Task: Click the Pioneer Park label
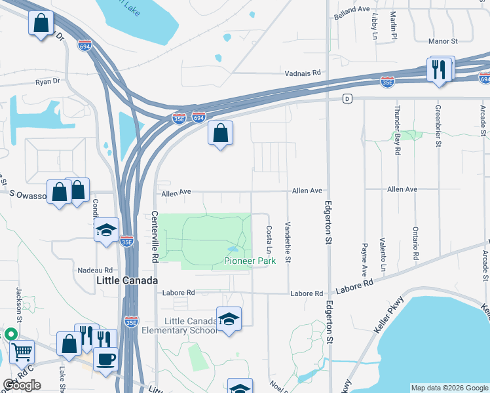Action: (250, 261)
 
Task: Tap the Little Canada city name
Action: (127, 280)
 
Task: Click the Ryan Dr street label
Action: (47, 82)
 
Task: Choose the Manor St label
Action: (442, 41)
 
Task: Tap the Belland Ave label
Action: (352, 10)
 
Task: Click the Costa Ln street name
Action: (269, 240)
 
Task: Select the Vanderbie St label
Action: (288, 243)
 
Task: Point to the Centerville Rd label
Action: (155, 237)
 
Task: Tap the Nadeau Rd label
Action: (95, 270)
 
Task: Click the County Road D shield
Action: (347, 99)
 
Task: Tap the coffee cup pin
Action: (105, 358)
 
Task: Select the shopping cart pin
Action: (22, 352)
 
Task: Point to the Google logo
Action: (22, 386)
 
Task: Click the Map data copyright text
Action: (449, 388)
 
